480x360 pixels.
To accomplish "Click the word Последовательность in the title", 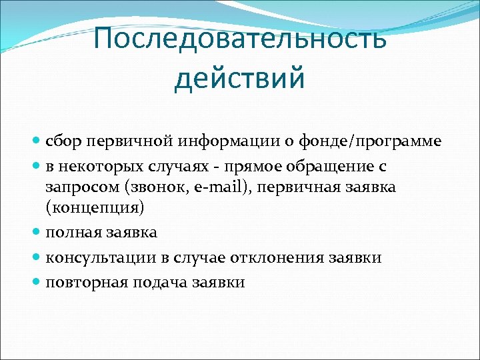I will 240,38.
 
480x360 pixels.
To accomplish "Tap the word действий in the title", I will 240,77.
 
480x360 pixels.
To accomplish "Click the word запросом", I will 76,187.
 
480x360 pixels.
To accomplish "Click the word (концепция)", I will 95,209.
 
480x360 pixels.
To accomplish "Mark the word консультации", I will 95,257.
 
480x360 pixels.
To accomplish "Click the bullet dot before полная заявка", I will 37,233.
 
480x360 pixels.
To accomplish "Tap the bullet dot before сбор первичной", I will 37,141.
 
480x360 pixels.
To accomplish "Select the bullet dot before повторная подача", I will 37,282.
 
